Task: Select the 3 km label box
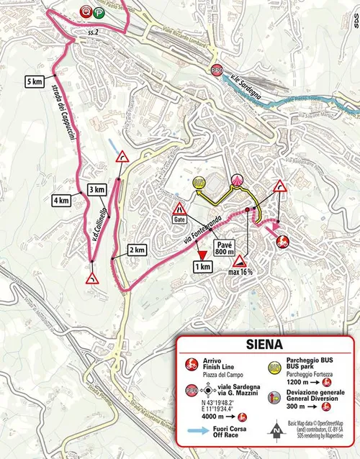click(97, 189)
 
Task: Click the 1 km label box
click(202, 266)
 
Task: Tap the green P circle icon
click(97, 12)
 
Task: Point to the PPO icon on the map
click(217, 70)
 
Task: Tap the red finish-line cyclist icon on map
click(283, 240)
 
